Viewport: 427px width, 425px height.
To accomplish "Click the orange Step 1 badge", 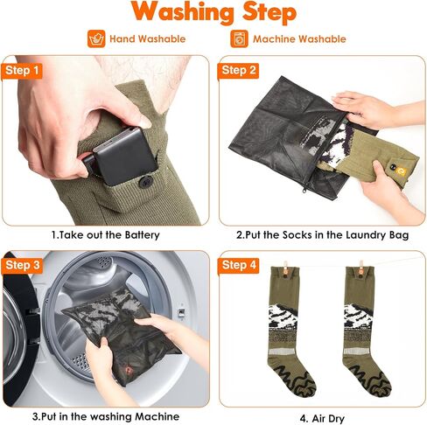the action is click(x=22, y=71).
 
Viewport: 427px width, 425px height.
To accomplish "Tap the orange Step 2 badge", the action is click(x=238, y=71).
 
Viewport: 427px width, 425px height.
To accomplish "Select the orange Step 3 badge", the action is click(x=22, y=266).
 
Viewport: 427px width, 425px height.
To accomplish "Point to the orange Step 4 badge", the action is click(x=238, y=266).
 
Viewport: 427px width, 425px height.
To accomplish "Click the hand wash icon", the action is click(x=96, y=38).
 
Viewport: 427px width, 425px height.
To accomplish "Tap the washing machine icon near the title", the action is click(x=239, y=38).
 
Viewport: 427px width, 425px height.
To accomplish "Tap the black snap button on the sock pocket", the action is click(x=144, y=183).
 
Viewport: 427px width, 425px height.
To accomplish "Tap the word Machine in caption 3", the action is click(x=157, y=416).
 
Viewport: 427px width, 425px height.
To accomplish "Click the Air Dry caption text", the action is click(x=322, y=419).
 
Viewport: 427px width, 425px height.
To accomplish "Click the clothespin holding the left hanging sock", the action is click(x=285, y=268).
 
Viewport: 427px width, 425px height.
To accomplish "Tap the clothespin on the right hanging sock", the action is click(x=361, y=268).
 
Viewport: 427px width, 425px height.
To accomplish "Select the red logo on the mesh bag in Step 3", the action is click(x=128, y=371).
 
